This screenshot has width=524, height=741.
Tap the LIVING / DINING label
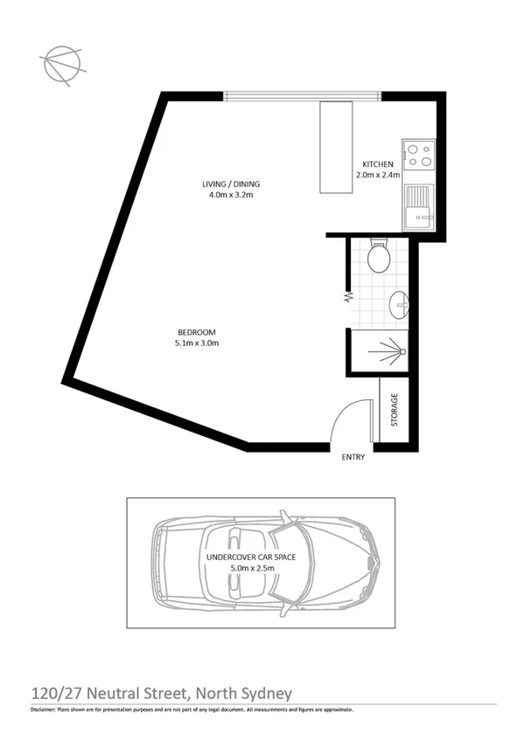[x=231, y=184]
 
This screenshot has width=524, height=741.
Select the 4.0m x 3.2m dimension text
[x=231, y=195]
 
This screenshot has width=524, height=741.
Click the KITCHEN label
[x=378, y=164]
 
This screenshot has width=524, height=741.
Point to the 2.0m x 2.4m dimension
[x=378, y=175]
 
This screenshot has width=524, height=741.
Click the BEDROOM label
[x=197, y=332]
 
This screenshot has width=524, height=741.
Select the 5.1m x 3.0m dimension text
[x=197, y=343]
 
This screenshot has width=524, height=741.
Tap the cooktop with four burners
[x=419, y=156]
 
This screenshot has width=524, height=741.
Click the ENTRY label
[x=353, y=456]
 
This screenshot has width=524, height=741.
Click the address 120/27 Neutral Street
[x=110, y=693]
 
